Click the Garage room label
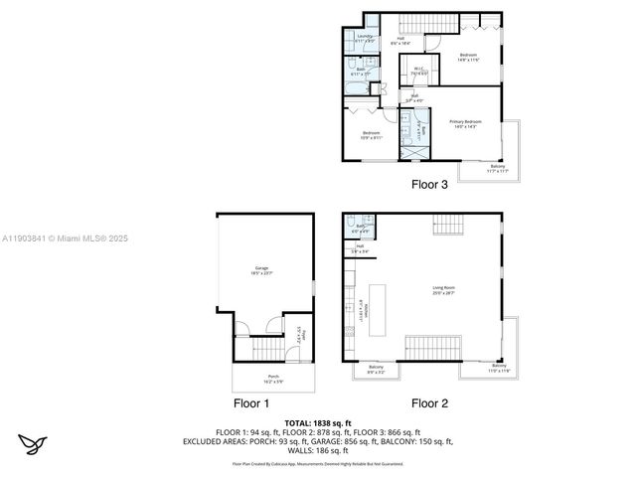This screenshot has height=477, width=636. point(262,269)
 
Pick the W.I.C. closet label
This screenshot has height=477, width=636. point(419,71)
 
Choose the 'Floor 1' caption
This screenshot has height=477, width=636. point(251,403)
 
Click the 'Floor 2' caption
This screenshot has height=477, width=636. point(430,403)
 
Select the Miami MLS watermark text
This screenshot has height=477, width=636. point(65,238)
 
